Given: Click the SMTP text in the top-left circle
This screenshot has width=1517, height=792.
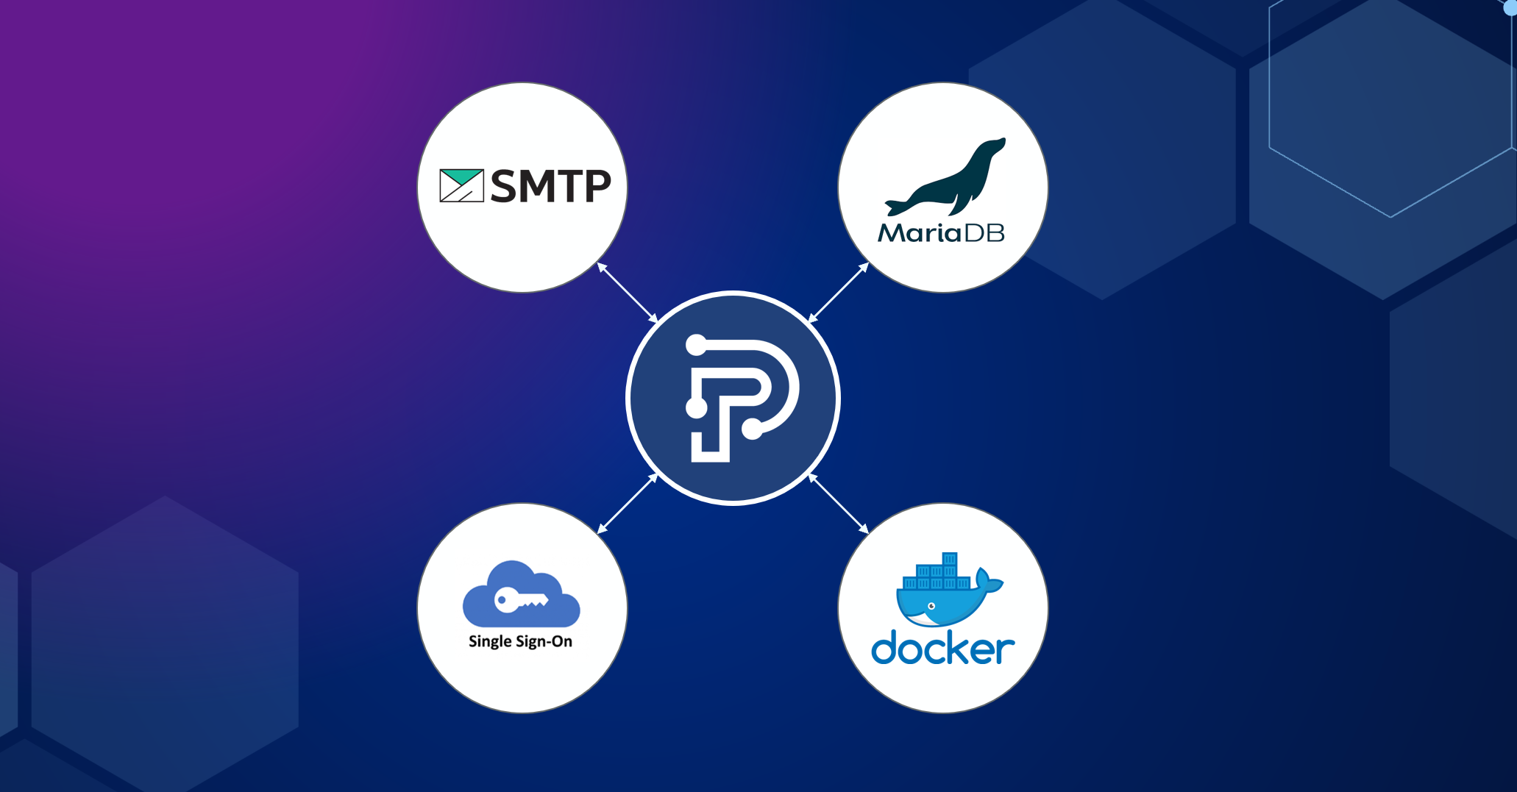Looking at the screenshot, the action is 550,185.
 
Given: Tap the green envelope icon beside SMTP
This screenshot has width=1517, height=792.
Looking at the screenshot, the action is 461,185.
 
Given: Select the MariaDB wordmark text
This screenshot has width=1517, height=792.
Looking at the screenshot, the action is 942,233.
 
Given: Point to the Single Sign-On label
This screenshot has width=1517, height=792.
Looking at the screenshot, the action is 520,641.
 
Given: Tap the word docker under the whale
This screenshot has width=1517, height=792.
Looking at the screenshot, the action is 943,647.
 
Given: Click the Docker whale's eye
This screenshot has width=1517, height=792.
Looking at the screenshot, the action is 931,606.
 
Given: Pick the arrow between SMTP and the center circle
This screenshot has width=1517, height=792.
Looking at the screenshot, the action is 628,293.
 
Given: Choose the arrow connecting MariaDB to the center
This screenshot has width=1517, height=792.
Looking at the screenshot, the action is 838,293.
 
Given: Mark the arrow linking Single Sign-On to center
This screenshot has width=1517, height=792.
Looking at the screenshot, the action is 628,504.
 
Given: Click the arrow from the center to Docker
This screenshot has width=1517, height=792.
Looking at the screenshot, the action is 838,504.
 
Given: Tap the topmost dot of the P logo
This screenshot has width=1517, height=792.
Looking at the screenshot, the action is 696,344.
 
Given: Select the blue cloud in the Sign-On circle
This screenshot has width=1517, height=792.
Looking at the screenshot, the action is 521,594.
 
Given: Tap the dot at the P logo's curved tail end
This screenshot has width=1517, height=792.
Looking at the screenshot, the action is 752,428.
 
